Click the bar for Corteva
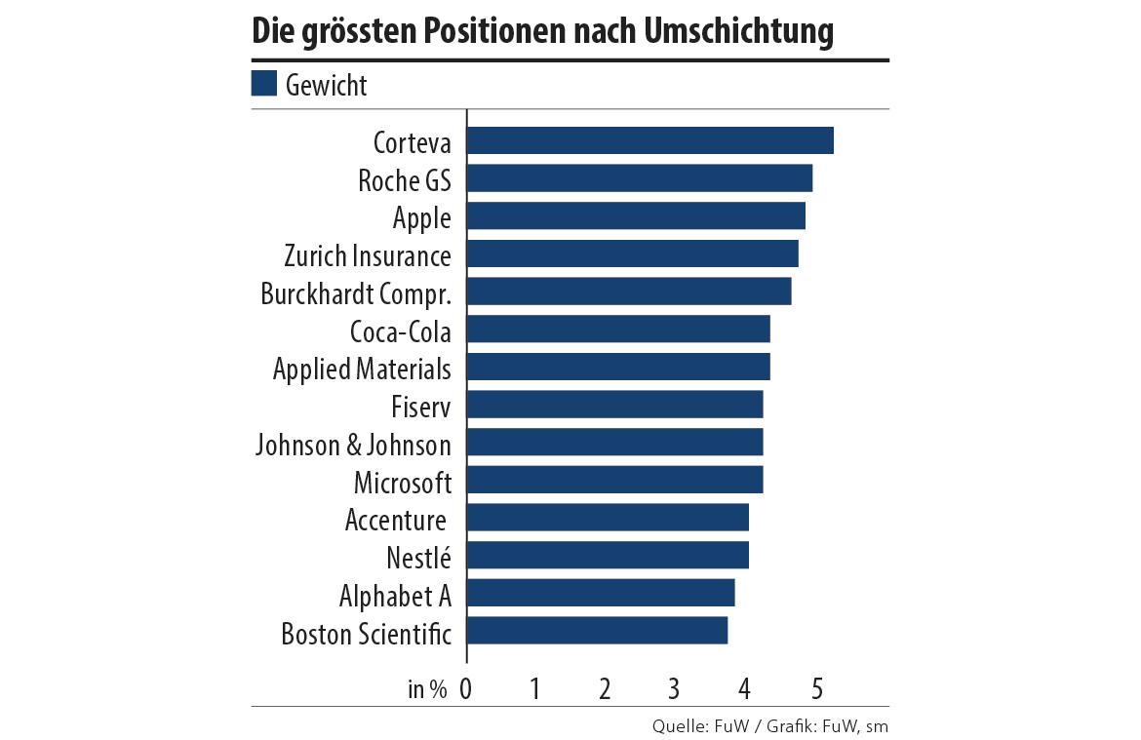tap(649, 140)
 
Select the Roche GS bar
tap(639, 178)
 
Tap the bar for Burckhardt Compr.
tap(629, 292)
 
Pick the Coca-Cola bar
tap(618, 330)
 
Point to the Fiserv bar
tap(614, 405)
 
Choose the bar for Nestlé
tap(608, 556)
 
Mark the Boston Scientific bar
tap(597, 631)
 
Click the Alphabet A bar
tap(601, 594)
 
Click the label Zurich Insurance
tap(368, 255)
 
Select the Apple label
tap(422, 217)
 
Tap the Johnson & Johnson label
tap(353, 445)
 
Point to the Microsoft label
tap(403, 482)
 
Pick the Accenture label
tap(396, 520)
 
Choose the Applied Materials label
tap(362, 369)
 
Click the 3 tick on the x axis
tap(674, 688)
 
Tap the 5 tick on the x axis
tap(816, 688)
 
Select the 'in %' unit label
tap(427, 689)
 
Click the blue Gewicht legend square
tap(264, 84)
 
